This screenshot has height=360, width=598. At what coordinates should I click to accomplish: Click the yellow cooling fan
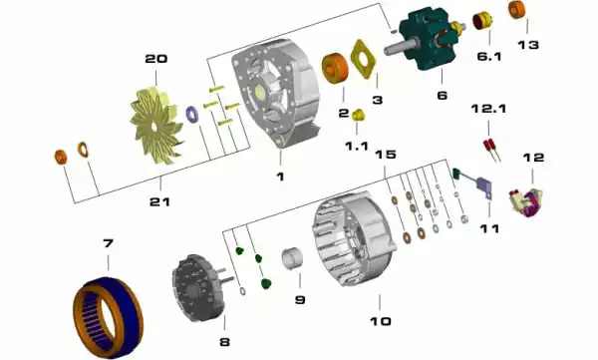click(x=154, y=124)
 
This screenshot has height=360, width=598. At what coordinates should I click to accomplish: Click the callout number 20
click(x=156, y=59)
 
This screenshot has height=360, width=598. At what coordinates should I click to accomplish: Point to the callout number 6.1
click(x=489, y=56)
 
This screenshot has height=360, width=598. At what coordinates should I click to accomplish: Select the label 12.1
click(x=488, y=109)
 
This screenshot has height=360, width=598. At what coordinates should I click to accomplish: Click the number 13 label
click(x=528, y=45)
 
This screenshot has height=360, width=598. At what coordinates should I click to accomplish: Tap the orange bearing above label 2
click(x=335, y=68)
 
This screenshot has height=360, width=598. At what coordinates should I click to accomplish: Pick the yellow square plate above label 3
click(x=363, y=59)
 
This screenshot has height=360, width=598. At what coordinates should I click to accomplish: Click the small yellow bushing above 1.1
click(x=358, y=115)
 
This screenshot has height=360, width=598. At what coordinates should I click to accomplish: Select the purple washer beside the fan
click(x=191, y=115)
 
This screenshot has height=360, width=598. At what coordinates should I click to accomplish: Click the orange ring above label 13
click(x=516, y=10)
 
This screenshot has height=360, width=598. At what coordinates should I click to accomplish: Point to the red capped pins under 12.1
click(x=491, y=150)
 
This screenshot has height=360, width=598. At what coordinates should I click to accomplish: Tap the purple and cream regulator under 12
click(x=526, y=202)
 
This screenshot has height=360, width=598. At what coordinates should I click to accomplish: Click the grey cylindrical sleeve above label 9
click(x=292, y=258)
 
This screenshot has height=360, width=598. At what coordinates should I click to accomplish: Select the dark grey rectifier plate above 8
click(x=196, y=287)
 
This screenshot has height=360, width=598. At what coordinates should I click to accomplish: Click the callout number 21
click(x=159, y=201)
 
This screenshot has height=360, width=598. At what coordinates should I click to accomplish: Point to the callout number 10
click(x=381, y=321)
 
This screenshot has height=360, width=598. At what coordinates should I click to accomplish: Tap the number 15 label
click(x=385, y=155)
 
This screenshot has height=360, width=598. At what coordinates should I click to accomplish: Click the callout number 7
click(x=108, y=242)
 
